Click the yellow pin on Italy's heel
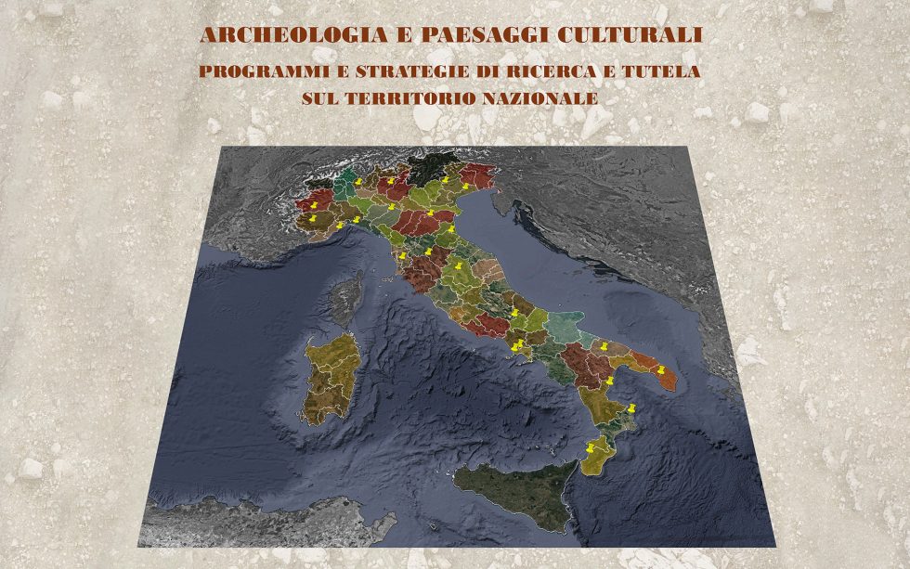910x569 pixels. point(661,370)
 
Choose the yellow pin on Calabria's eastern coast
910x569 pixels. point(631,408)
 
